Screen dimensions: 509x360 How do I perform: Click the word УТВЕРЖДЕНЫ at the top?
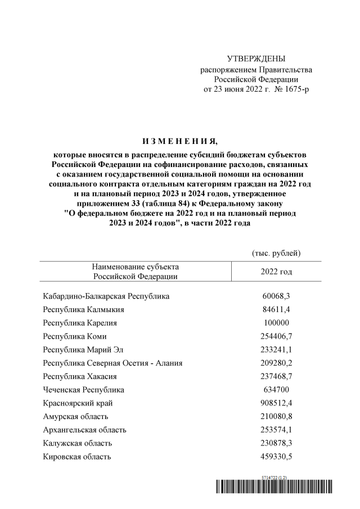coord(256,59)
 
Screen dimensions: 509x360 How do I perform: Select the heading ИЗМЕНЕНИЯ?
coord(179,140)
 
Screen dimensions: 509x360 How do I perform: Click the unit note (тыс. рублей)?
coord(276,253)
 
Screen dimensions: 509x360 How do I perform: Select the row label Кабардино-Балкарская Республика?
coord(106,296)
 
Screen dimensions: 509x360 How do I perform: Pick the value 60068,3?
coord(276,296)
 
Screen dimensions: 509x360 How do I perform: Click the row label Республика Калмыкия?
coord(84,309)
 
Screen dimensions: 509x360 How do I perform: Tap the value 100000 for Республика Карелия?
coord(276,323)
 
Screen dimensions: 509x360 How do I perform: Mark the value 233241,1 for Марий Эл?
coord(276,350)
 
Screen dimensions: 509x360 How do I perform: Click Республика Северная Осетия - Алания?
coord(112,363)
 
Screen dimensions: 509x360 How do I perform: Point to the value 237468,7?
coord(276,377)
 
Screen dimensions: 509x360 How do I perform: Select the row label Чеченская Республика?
coord(84,390)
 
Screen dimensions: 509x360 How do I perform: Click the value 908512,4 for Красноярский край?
coord(276,403)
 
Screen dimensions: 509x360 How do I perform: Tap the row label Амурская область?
coord(75,417)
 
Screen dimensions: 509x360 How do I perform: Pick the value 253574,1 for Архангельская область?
coord(276,430)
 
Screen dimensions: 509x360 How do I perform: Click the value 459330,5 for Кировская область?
coord(276,457)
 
